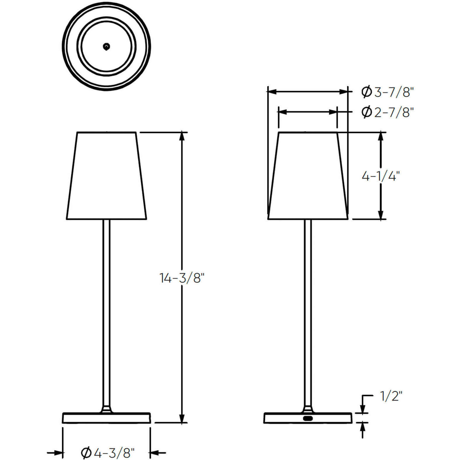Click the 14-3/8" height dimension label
tap(182, 278)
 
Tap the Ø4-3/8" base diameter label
tap(108, 453)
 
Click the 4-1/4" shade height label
tap(380, 176)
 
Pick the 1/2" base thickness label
tap(391, 396)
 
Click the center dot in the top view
tap(107, 46)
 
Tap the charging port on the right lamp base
tap(308, 418)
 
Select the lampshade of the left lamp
tap(107, 175)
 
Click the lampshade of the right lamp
tap(308, 175)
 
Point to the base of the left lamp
tap(107, 418)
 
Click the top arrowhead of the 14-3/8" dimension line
tap(182, 136)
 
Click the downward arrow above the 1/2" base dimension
tap(363, 409)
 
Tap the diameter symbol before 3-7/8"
tap(366, 92)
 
